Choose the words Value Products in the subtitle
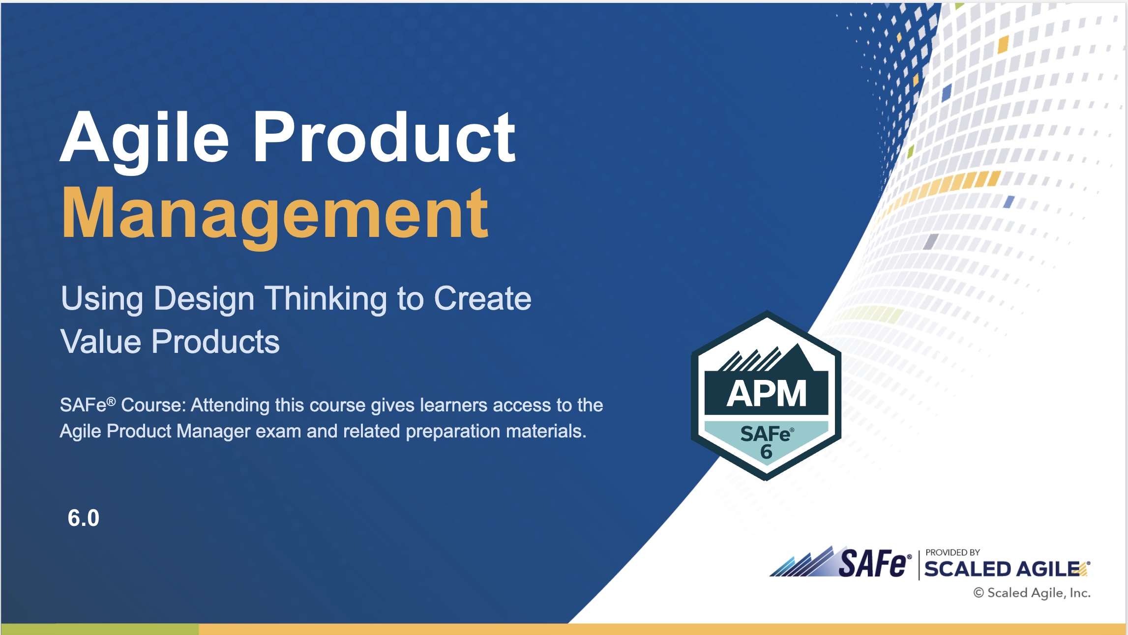(x=170, y=342)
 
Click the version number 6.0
(x=84, y=518)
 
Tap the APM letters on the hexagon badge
(x=767, y=394)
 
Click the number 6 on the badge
(x=766, y=452)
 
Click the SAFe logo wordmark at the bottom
(x=872, y=564)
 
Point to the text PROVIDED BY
(x=952, y=552)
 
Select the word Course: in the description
(x=153, y=405)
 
